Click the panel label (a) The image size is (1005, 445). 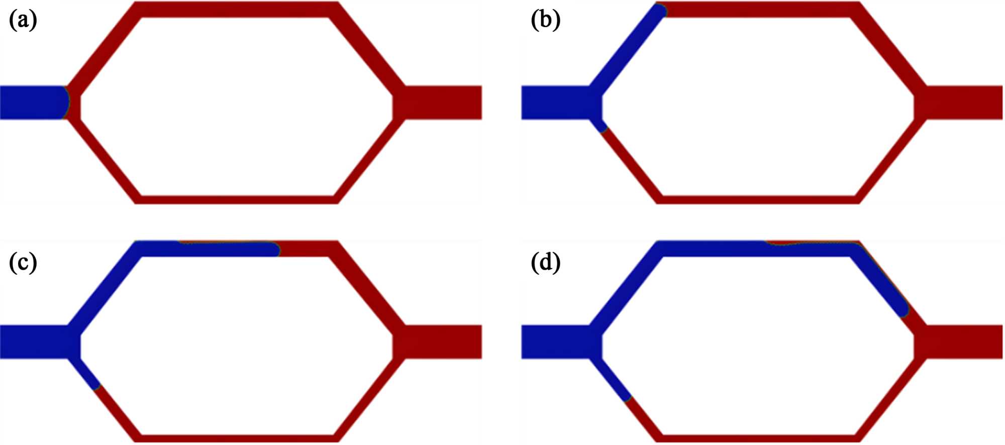pos(23,21)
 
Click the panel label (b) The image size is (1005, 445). pos(545,21)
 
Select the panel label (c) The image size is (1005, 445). pos(23,263)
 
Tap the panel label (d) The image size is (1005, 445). pos(545,263)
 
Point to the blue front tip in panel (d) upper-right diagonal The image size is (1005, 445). pos(903,311)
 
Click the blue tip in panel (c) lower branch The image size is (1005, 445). pos(97,386)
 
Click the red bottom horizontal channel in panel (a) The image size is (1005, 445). pos(236,199)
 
